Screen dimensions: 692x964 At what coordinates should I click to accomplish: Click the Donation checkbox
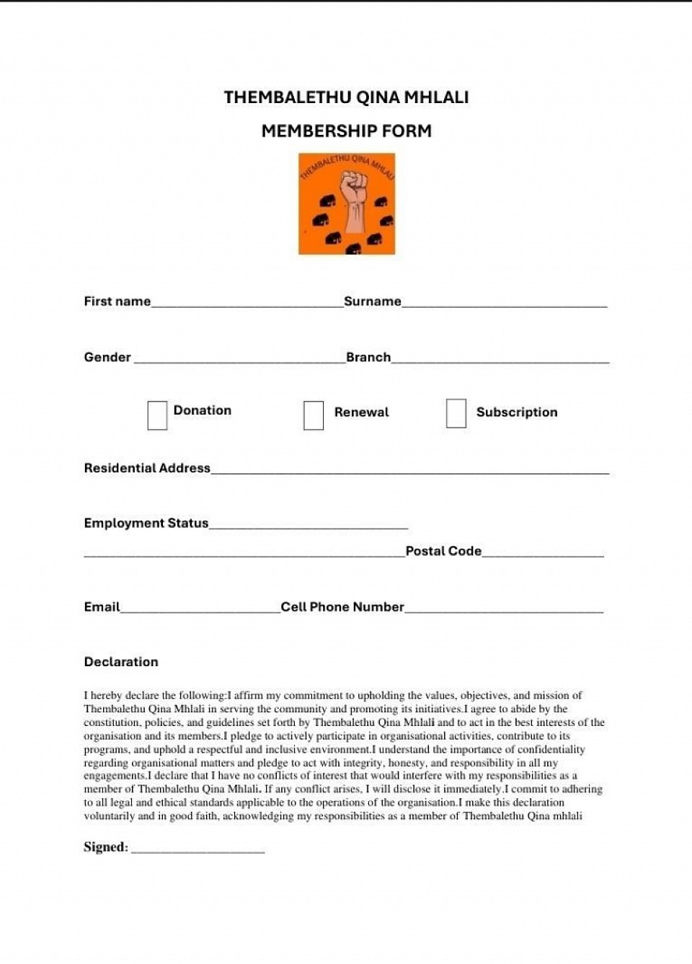157,415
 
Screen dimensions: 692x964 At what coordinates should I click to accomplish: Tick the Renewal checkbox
314,415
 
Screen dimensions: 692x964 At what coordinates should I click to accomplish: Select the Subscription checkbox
456,413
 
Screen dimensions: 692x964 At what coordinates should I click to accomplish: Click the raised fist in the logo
354,198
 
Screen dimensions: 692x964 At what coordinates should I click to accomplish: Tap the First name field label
117,301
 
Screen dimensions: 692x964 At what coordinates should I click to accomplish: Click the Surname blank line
505,304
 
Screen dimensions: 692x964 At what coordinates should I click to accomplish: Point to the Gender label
107,357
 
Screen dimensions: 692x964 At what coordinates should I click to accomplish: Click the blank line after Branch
500,360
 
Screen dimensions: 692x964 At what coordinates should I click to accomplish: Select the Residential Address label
147,468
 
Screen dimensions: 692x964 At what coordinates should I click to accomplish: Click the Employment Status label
146,523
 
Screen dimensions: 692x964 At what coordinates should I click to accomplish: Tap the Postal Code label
443,551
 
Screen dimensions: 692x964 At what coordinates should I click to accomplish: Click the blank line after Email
200,610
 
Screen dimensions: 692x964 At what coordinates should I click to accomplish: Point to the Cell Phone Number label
342,607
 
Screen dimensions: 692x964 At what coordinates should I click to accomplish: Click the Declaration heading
121,662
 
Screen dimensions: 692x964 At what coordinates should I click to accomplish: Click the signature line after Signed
198,851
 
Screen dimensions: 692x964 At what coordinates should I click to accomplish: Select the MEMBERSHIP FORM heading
346,131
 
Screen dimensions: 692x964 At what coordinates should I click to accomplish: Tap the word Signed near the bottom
105,847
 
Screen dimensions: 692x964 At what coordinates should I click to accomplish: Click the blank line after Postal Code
543,554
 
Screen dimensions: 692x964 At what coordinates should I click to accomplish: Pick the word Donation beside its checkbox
203,410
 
